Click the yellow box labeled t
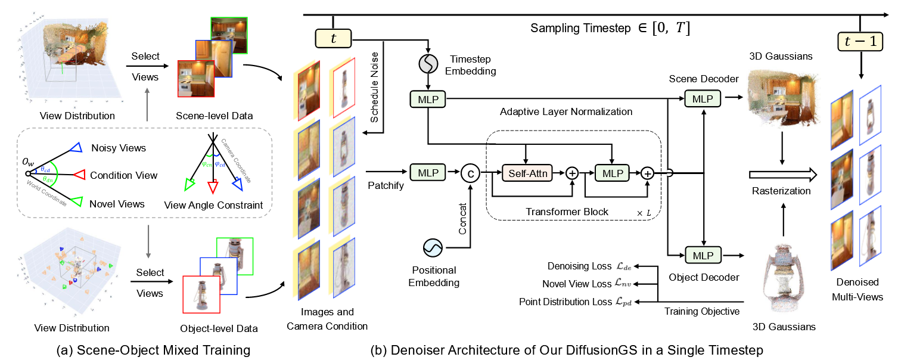tap(333, 39)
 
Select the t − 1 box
tap(860, 41)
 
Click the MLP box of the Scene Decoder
tap(704, 98)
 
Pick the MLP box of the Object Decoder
tap(704, 255)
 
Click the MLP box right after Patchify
tap(428, 173)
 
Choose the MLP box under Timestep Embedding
tap(428, 98)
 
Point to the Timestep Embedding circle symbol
tap(428, 63)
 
